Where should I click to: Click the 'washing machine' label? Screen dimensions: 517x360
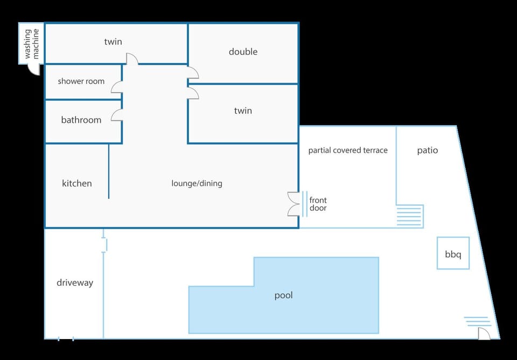32,44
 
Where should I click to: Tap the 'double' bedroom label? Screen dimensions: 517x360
243,52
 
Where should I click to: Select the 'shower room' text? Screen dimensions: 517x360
81,81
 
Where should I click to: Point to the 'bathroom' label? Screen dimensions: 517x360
81,120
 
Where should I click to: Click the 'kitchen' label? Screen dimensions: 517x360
77,183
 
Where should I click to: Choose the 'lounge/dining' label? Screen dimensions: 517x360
197,183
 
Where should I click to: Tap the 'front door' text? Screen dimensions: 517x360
318,204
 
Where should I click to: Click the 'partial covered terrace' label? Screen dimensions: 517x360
348,150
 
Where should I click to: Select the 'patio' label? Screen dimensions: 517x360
427,150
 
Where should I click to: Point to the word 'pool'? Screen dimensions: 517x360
284,295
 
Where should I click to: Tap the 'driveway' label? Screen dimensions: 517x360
75,283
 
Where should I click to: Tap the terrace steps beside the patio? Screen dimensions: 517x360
409,216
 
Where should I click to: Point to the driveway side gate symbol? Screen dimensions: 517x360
104,245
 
